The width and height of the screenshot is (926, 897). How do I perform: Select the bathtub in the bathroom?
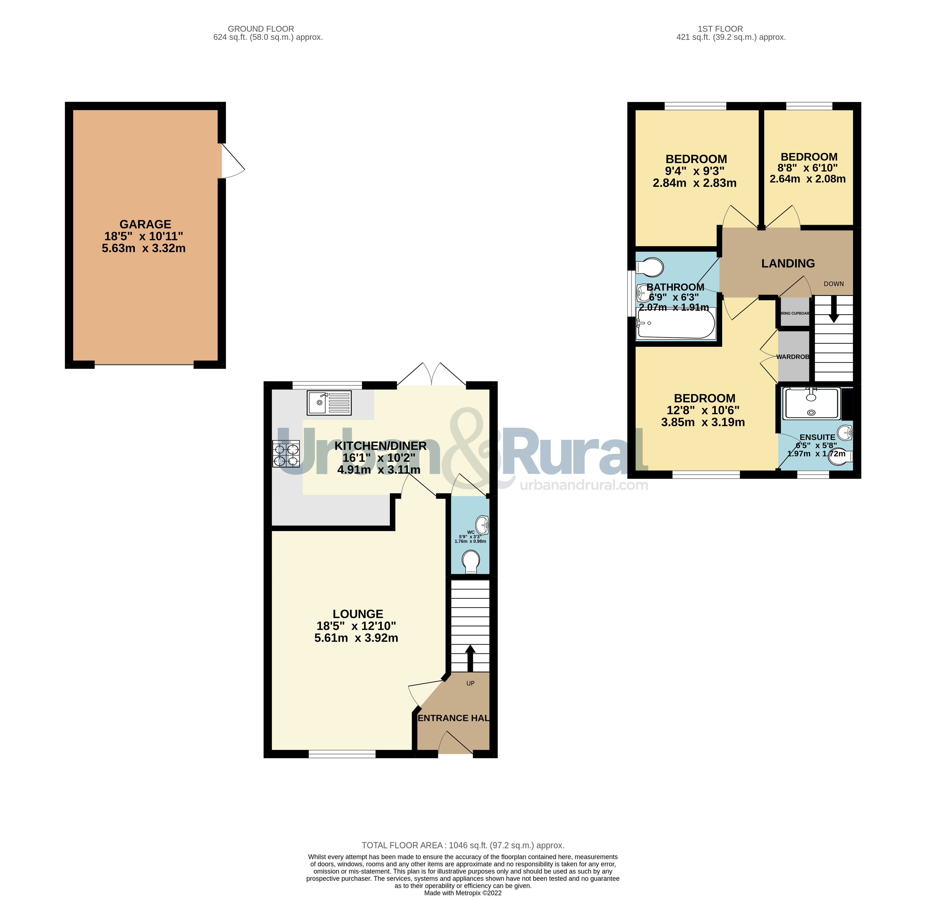(676, 323)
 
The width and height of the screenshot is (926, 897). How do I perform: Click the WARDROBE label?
(793, 357)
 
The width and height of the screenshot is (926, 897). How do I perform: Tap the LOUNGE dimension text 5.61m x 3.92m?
(356, 638)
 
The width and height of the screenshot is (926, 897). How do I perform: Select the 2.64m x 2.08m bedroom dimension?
(807, 179)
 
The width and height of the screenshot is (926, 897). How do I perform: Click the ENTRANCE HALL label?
(453, 718)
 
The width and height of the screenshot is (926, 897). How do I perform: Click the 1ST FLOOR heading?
(720, 29)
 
